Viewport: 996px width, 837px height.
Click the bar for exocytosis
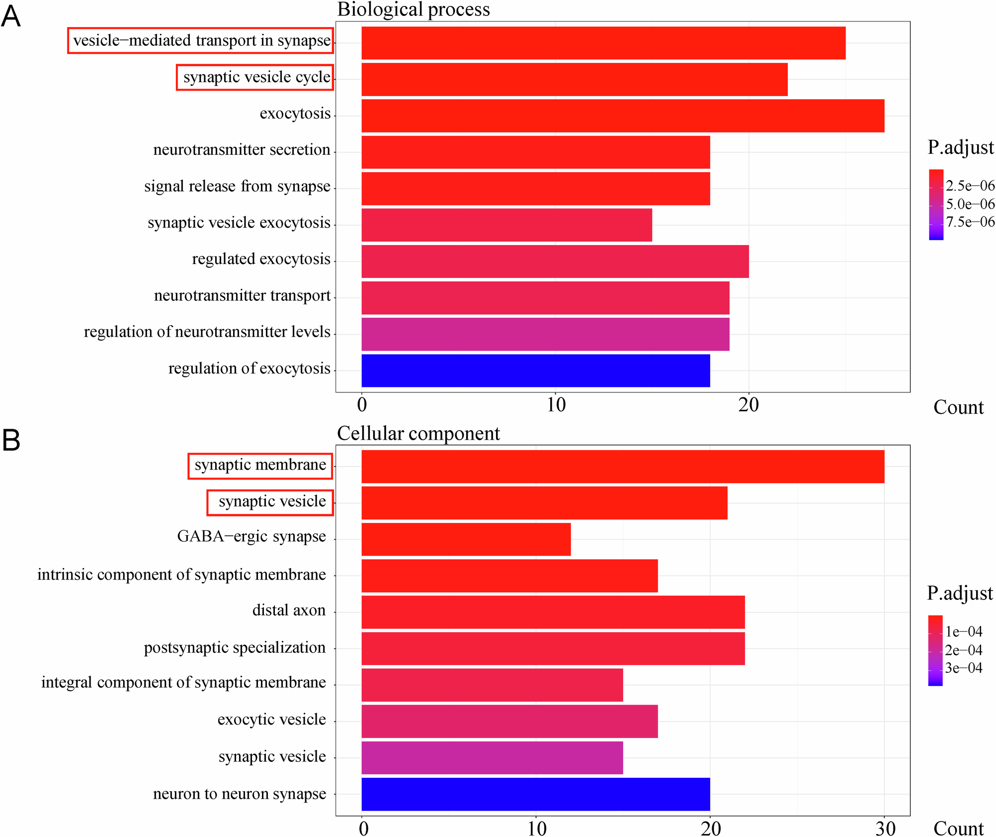(x=622, y=116)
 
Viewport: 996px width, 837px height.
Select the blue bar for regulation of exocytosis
(x=535, y=370)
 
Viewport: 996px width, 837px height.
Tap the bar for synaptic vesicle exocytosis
(x=506, y=225)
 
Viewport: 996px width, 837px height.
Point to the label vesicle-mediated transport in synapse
(x=201, y=41)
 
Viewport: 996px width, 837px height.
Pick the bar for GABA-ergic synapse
(x=466, y=539)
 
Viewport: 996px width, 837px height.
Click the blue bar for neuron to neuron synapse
(x=535, y=794)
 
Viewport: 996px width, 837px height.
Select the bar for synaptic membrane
(x=622, y=467)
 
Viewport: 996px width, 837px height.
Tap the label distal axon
(x=289, y=610)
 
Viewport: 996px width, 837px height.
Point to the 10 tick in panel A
(x=556, y=405)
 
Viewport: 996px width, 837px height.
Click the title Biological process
(x=413, y=9)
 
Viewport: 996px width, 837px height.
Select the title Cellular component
(x=418, y=434)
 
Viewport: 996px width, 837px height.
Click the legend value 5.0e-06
(x=970, y=204)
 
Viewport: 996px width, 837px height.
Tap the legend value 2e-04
(x=964, y=650)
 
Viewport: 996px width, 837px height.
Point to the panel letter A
(x=11, y=16)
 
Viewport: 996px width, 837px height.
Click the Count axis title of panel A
(x=958, y=407)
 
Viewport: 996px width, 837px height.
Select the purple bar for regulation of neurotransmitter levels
(x=545, y=334)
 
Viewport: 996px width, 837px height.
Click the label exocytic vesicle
(x=271, y=719)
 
